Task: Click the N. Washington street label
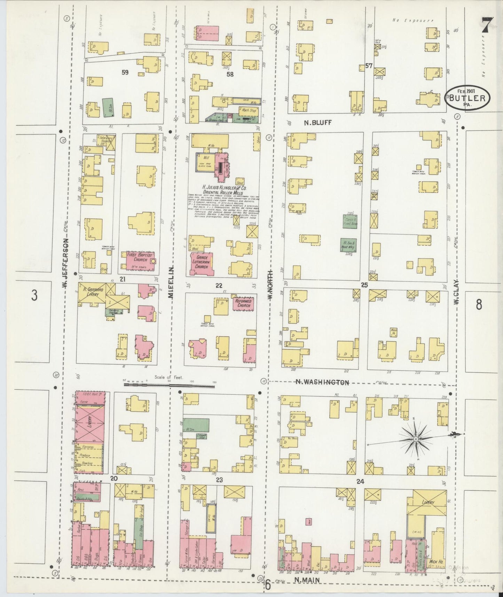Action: coord(322,382)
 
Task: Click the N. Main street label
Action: coord(307,580)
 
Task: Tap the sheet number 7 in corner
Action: coord(487,25)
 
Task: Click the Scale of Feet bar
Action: coord(169,385)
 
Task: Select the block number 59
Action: coord(125,72)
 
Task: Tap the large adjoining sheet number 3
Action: coord(34,295)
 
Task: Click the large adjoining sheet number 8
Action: coord(479,304)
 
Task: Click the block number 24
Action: coord(360,482)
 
